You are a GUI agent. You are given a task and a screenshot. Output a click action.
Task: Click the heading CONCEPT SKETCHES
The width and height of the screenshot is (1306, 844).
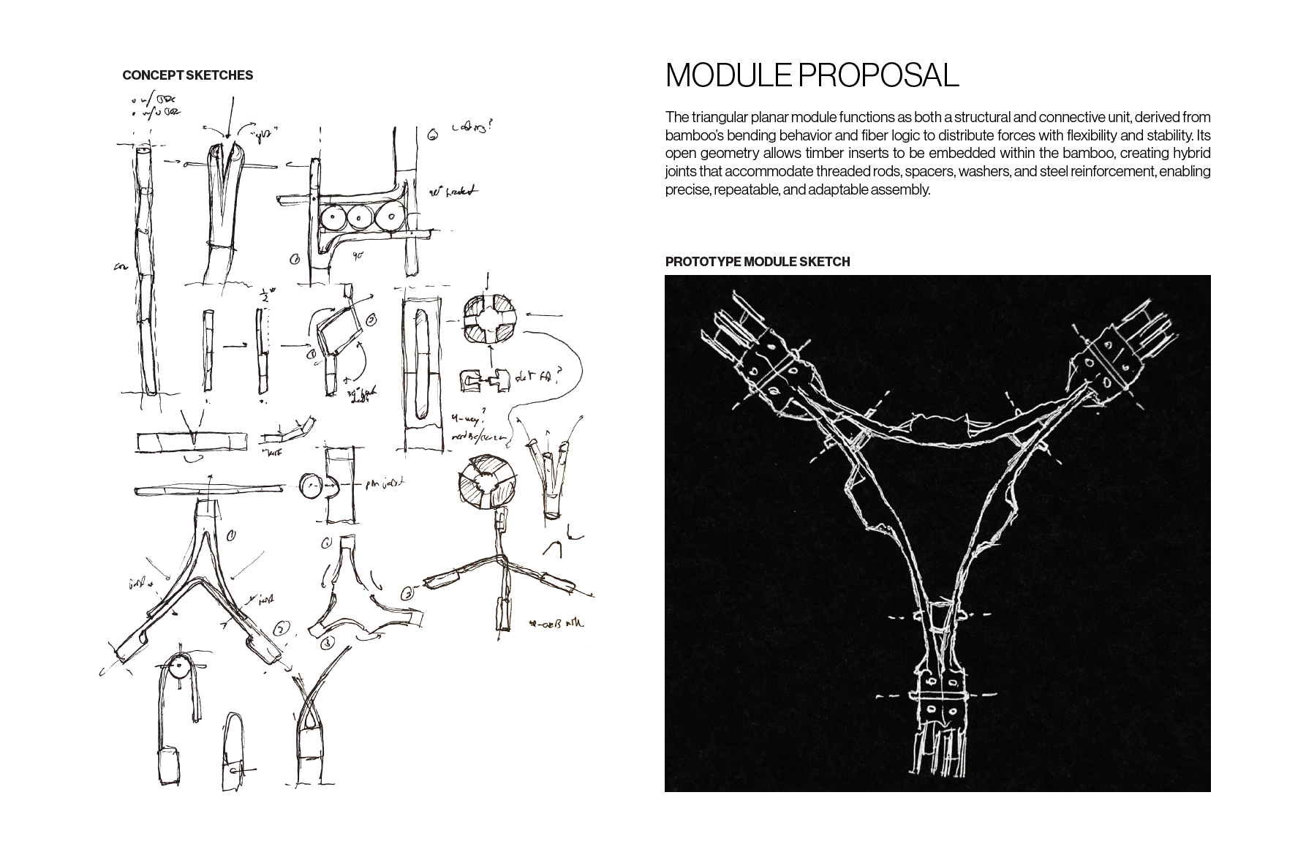point(187,75)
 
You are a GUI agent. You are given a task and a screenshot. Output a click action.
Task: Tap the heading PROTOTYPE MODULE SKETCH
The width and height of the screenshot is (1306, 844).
point(757,262)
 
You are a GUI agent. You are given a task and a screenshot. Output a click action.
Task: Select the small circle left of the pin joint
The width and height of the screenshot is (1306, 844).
point(311,485)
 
